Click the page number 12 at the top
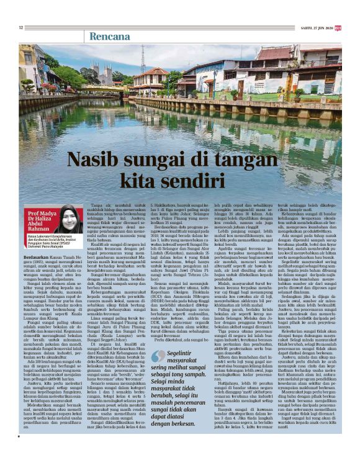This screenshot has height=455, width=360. (x=22, y=27)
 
